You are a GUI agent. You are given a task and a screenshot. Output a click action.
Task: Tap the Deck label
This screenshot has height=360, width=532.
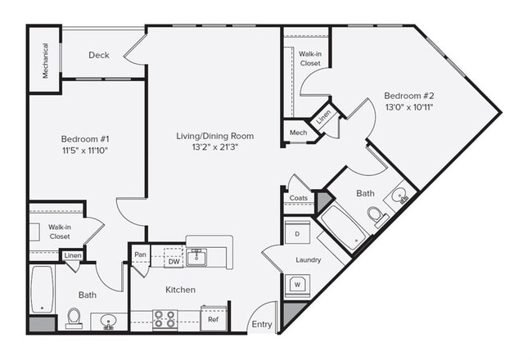(x=99, y=56)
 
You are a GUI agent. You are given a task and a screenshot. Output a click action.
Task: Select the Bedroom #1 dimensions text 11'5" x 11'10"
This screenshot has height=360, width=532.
(x=85, y=151)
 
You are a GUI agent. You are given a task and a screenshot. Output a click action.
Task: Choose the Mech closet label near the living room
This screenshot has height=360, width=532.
(x=297, y=133)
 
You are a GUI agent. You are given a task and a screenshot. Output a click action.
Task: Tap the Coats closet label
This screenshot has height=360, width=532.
(x=298, y=198)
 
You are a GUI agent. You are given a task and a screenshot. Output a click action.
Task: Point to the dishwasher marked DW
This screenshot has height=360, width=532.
(x=174, y=262)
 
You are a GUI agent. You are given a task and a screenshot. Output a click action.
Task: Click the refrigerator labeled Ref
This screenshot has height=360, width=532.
(x=213, y=320)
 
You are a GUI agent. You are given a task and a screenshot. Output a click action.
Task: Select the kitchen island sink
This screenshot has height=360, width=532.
(x=198, y=258)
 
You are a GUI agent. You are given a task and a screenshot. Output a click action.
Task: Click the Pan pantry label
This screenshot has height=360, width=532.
(x=141, y=255)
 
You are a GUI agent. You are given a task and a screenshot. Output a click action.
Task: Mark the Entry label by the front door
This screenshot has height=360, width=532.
(x=262, y=325)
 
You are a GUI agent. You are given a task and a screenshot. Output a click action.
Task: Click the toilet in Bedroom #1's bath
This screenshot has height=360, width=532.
(x=74, y=317)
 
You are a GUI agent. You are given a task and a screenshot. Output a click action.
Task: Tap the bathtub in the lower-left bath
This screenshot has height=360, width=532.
(x=41, y=289)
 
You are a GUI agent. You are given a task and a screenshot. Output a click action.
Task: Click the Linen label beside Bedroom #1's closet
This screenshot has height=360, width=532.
(x=72, y=256)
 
